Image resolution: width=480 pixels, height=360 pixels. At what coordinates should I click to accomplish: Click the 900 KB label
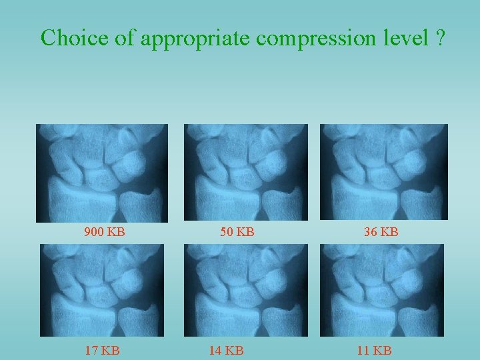pyautogui.click(x=105, y=233)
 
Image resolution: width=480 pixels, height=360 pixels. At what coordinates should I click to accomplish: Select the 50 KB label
pyautogui.click(x=237, y=233)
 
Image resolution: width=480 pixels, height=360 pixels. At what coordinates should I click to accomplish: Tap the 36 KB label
pyautogui.click(x=381, y=233)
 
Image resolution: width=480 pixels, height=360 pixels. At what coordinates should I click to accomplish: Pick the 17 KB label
pyautogui.click(x=102, y=349)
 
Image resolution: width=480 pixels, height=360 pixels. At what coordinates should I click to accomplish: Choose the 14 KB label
pyautogui.click(x=225, y=349)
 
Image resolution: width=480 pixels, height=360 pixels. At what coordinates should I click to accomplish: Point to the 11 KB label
pyautogui.click(x=374, y=349)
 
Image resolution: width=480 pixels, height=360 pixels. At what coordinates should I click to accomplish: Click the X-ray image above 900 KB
pyautogui.click(x=102, y=173)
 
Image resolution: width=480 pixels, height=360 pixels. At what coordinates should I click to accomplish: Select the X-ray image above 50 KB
pyautogui.click(x=245, y=173)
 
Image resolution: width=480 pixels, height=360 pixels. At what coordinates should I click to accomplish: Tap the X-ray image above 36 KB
pyautogui.click(x=384, y=173)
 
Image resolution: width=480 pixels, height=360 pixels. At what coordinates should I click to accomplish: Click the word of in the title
pyautogui.click(x=124, y=38)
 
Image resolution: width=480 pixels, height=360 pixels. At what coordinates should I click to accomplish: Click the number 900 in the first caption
pyautogui.click(x=95, y=233)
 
